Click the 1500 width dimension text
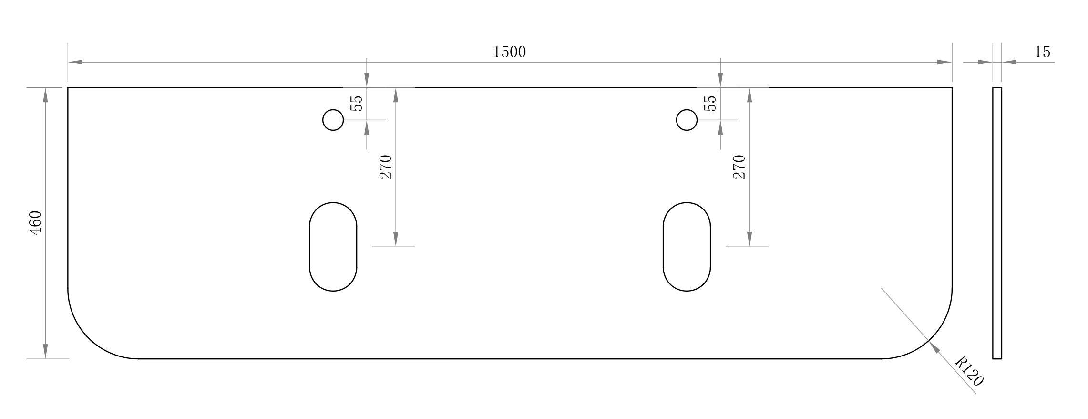509,52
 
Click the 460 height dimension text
36,222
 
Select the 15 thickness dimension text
1042,52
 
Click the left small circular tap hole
333,120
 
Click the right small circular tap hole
687,120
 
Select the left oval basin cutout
333,246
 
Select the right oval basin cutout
687,246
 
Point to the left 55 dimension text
357,104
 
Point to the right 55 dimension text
710,104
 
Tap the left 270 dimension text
386,167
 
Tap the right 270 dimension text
739,167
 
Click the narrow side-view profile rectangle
997,223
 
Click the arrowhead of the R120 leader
934,347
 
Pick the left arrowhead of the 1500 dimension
75,62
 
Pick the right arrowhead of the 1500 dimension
944,62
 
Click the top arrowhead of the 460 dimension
45,95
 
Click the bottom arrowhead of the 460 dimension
45,351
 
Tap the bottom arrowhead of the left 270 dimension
396,239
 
